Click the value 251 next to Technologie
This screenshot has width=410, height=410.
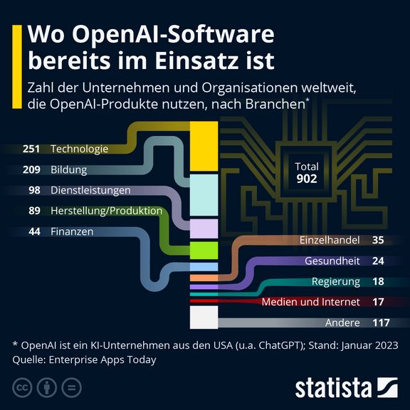pyautogui.click(x=31, y=149)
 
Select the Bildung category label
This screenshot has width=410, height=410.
pyautogui.click(x=68, y=170)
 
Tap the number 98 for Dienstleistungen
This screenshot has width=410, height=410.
pyautogui.click(x=34, y=191)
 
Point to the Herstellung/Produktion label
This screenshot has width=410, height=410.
pyautogui.click(x=106, y=211)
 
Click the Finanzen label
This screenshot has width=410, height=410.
pyautogui.click(x=72, y=232)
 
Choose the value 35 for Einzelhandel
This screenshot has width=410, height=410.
pyautogui.click(x=378, y=240)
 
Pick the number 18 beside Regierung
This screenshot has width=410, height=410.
pyautogui.click(x=378, y=281)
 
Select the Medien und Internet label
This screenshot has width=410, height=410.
pyautogui.click(x=311, y=302)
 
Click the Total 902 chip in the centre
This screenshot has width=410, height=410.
pyautogui.click(x=306, y=172)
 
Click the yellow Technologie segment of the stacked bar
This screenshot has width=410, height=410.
pyautogui.click(x=203, y=146)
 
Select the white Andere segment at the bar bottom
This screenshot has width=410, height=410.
pyautogui.click(x=203, y=317)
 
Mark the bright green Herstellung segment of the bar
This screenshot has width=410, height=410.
pyautogui.click(x=203, y=250)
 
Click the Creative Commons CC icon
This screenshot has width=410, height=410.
pyautogui.click(x=23, y=388)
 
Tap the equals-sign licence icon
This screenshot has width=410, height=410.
pyautogui.click(x=71, y=388)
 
